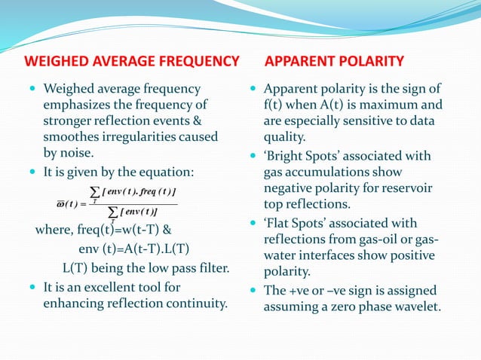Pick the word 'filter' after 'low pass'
[x=209, y=269]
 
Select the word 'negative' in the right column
[x=288, y=188]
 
